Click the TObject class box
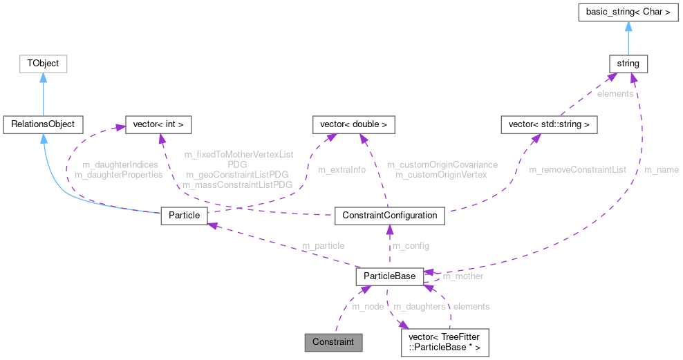pyautogui.click(x=43, y=64)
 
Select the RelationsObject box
pyautogui.click(x=43, y=125)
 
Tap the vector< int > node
pyautogui.click(x=158, y=125)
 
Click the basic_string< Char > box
pyautogui.click(x=628, y=13)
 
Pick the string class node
pyautogui.click(x=628, y=64)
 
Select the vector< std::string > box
pyautogui.click(x=549, y=125)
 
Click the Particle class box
pyautogui.click(x=184, y=215)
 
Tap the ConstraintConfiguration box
pyautogui.click(x=389, y=215)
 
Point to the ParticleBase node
pyautogui.click(x=389, y=276)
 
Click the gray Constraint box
pyautogui.click(x=333, y=341)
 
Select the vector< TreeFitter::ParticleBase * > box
pyautogui.click(x=445, y=341)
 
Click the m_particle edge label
pyautogui.click(x=323, y=246)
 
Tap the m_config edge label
pyautogui.click(x=411, y=246)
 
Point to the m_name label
pyautogui.click(x=661, y=169)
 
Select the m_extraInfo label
pyautogui.click(x=341, y=169)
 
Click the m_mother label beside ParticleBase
pyautogui.click(x=462, y=276)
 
